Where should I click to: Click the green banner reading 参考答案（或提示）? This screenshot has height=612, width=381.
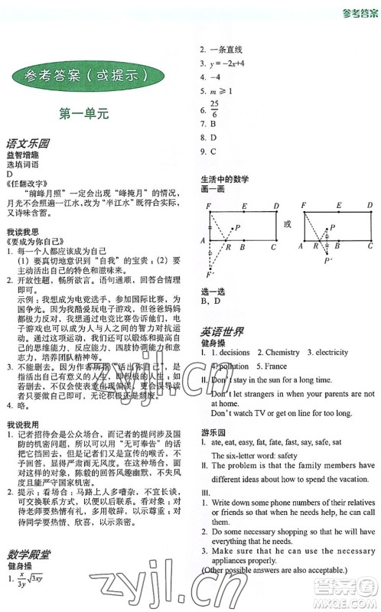click(x=90, y=76)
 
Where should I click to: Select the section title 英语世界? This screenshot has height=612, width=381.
click(x=223, y=332)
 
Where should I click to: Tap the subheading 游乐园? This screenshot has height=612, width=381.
click(x=213, y=430)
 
